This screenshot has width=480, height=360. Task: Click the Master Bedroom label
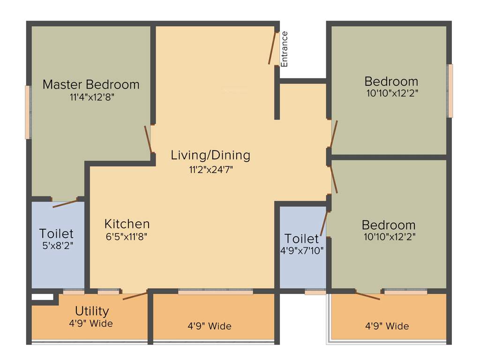coord(91,85)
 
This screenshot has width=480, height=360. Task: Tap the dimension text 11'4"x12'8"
coord(91,97)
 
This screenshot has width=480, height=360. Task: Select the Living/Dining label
coord(210,155)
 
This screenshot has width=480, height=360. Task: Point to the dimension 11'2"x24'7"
coord(210,170)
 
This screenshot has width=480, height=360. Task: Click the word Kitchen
coord(127,224)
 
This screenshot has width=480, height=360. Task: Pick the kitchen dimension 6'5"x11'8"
coord(127,237)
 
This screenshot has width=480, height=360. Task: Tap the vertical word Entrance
coord(285,48)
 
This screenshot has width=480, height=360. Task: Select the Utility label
coord(92,311)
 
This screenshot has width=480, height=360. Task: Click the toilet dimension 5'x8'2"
coord(56,245)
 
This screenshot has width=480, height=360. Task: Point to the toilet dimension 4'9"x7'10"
coord(302,251)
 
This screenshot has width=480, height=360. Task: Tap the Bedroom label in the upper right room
coord(391,81)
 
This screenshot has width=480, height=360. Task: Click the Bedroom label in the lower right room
coord(389,225)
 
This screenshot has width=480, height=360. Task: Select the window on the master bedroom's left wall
coord(28,112)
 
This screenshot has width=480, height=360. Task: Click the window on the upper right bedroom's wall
coord(450,90)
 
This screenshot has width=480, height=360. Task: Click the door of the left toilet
coord(65,203)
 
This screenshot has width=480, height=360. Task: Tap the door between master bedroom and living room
coord(148,139)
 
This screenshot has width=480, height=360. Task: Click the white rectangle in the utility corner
coord(43,297)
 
